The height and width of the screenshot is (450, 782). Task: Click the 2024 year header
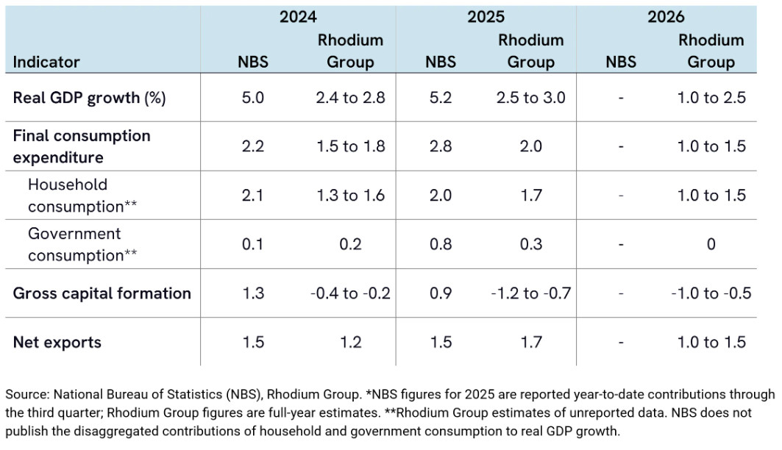(299, 17)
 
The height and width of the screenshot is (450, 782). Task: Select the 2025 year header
(486, 17)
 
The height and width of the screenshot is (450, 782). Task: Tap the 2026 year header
(666, 17)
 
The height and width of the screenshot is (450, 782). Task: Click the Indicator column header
(46, 62)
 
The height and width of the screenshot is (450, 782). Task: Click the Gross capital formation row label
(102, 293)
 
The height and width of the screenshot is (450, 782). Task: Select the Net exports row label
(57, 342)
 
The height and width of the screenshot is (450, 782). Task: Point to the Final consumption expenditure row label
(81, 146)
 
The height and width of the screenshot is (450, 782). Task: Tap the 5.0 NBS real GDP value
(254, 97)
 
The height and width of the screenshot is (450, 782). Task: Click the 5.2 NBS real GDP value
(440, 97)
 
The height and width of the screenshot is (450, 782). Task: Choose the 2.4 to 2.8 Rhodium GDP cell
(349, 97)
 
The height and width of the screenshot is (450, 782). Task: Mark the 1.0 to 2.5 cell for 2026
(711, 97)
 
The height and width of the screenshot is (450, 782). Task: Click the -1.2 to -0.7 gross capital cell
(530, 293)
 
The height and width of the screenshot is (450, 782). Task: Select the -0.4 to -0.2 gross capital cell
(349, 293)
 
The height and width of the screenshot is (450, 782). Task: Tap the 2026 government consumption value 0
(711, 244)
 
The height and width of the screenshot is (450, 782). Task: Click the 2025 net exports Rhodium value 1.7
(530, 342)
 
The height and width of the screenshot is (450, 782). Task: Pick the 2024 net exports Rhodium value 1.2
(349, 342)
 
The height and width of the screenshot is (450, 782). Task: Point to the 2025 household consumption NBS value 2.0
(440, 195)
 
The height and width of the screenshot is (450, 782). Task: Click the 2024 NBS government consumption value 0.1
(254, 244)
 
